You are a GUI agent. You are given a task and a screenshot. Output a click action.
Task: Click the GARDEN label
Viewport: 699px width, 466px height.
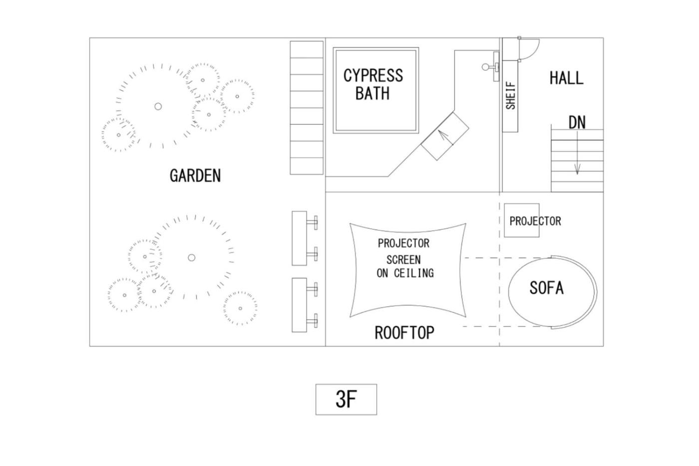[x=195, y=175]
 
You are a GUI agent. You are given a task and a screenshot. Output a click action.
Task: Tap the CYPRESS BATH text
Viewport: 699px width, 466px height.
[x=373, y=84]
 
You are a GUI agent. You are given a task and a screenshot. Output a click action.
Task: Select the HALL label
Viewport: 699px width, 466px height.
[x=566, y=78]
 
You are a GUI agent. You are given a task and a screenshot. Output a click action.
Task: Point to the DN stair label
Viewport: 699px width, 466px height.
[x=577, y=123]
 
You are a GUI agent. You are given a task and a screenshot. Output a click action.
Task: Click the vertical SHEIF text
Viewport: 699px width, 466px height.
[x=510, y=95]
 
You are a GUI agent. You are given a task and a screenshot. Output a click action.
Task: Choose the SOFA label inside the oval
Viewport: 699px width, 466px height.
[x=546, y=288]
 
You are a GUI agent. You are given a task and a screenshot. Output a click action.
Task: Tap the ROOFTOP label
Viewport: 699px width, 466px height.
[x=404, y=333]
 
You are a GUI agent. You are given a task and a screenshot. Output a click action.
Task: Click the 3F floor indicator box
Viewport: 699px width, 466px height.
[x=346, y=400]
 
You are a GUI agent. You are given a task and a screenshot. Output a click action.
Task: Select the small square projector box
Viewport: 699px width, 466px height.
[x=521, y=220]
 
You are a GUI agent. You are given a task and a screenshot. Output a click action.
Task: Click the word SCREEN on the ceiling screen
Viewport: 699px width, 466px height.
[x=403, y=260]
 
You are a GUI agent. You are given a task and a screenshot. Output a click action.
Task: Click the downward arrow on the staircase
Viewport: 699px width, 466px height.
[x=577, y=153]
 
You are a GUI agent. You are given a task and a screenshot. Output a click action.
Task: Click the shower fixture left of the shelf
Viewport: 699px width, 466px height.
[x=491, y=66]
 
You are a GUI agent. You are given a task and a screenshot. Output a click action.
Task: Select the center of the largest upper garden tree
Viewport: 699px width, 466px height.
[x=158, y=106]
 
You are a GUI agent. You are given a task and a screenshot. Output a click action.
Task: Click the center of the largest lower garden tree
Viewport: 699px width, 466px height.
[x=192, y=258]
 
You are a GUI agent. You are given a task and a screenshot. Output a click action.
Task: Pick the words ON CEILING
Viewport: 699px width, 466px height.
[x=405, y=273]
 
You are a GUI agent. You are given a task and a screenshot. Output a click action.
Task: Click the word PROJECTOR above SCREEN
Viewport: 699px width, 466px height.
[x=403, y=243]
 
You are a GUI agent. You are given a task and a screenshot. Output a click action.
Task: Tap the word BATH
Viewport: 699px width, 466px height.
[x=372, y=93]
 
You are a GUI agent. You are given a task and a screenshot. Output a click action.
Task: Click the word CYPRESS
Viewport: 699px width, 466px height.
[x=373, y=75]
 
